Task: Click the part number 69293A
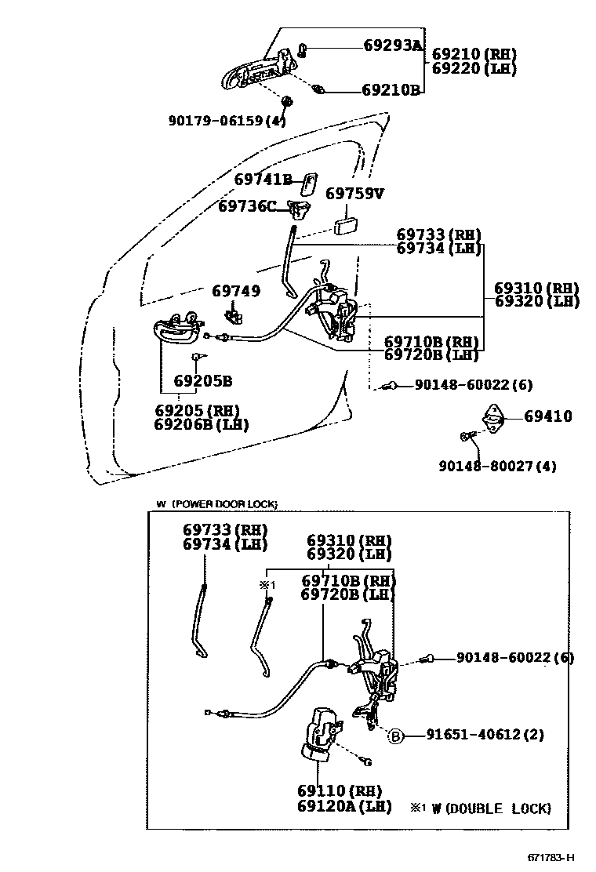click(392, 45)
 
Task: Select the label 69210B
click(391, 90)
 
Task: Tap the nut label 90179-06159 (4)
click(227, 121)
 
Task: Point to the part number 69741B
click(263, 180)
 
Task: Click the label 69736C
click(247, 206)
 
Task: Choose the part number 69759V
click(354, 193)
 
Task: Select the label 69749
click(236, 291)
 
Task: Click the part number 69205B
click(202, 382)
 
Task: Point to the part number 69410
click(548, 416)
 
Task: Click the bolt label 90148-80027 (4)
click(497, 466)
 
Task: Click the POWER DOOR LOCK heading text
click(223, 504)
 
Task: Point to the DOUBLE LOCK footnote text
click(491, 808)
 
